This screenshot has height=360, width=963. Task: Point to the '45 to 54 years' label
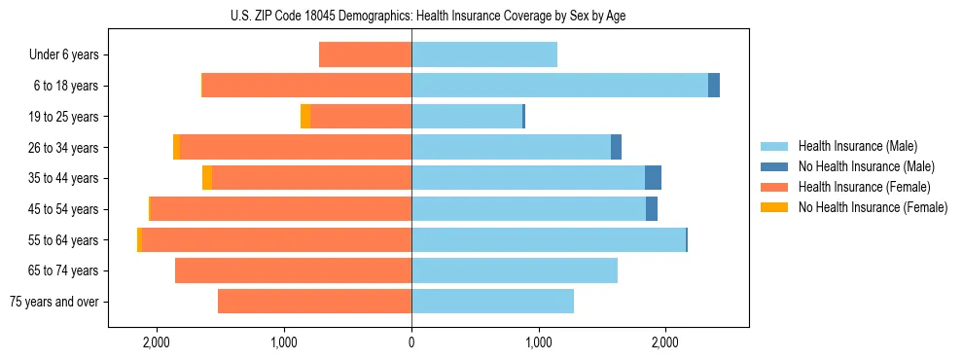pos(63,209)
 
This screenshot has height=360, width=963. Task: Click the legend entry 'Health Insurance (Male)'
pos(857,146)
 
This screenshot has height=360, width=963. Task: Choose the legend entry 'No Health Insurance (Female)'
pos(873,207)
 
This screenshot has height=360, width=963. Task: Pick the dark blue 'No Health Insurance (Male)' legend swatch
pos(774,166)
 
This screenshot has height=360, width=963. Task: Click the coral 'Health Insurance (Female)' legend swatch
pos(774,187)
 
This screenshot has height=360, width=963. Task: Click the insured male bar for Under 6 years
pos(484,55)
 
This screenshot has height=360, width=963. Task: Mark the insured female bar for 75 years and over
pos(314,302)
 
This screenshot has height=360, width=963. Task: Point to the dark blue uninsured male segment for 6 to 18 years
pos(714,86)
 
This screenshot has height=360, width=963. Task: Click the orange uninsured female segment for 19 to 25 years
pos(305,117)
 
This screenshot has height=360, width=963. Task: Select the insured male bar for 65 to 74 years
pos(515,270)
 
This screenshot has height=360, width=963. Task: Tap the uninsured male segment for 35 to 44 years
pos(653,178)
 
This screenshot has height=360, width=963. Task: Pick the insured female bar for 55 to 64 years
pos(277,239)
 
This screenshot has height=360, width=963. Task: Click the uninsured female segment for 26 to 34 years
pos(176,147)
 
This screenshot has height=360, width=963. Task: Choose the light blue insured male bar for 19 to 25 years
pos(467,117)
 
